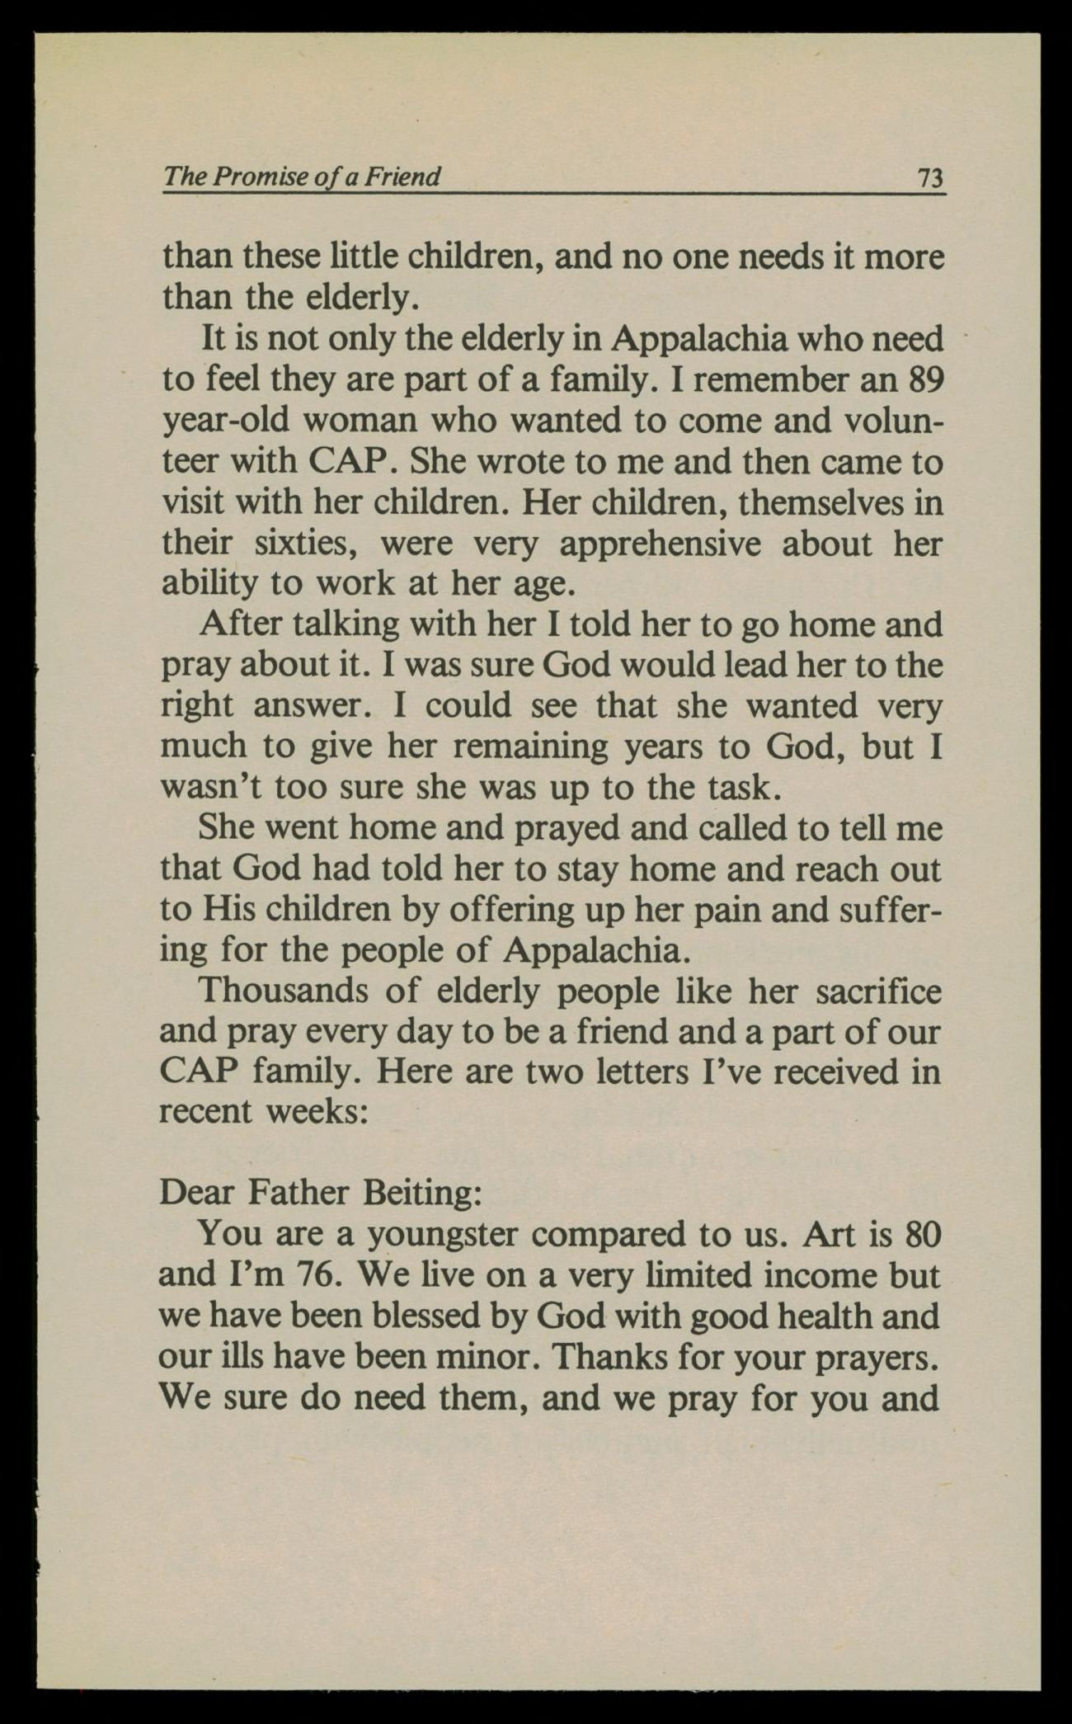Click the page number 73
tap(930, 177)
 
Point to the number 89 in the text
tap(923, 379)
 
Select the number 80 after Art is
tap(923, 1234)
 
